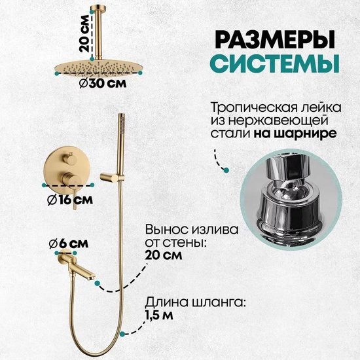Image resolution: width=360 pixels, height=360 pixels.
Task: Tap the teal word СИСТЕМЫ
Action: click(275, 63)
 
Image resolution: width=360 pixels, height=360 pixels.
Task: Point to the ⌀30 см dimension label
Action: click(103, 83)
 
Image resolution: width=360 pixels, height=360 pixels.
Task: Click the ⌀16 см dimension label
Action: click(70, 200)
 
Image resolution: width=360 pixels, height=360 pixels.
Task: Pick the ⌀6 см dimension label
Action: click(69, 243)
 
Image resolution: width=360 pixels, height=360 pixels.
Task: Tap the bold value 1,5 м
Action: click(159, 315)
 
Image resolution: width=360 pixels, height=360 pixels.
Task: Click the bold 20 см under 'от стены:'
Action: click(164, 255)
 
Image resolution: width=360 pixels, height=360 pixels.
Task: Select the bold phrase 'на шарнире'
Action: click(295, 134)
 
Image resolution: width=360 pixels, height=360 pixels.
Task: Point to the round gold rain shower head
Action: click(98, 67)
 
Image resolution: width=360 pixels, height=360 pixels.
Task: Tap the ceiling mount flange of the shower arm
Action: click(98, 9)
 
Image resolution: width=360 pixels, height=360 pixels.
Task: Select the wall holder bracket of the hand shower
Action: click(112, 177)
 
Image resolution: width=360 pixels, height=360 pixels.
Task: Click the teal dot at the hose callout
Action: click(122, 334)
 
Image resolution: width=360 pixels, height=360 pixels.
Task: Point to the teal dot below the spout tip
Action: click(98, 283)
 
